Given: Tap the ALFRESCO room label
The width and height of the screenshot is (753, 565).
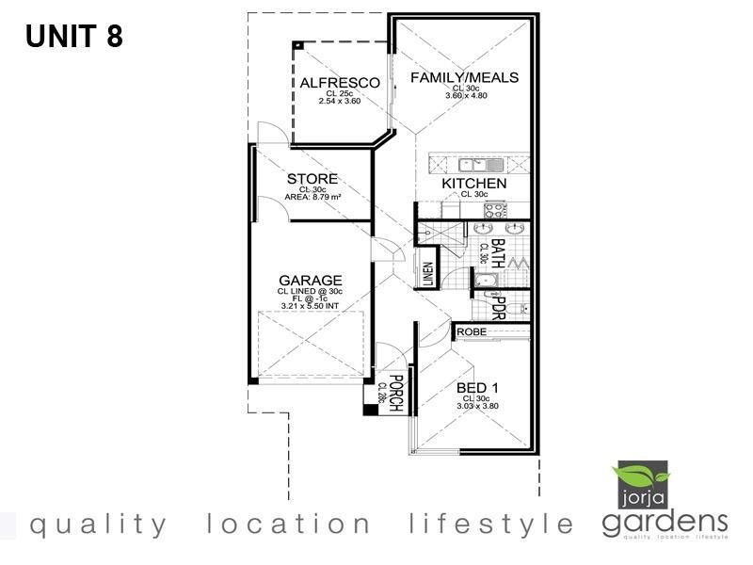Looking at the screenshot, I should coord(340,83).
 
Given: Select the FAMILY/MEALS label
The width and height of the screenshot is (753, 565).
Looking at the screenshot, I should coord(465,77).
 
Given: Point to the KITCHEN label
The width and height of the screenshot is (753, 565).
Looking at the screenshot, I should coord(474,184).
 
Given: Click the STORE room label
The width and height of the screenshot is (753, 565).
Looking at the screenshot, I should coord(312,179).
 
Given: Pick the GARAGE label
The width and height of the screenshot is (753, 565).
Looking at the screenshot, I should coord(310,281).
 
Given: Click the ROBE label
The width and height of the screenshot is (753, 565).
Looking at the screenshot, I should coord(472,332).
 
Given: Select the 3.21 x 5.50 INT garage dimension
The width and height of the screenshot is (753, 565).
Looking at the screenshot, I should coord(310,306).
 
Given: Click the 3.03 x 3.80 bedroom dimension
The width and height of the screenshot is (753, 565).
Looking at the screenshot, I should coord(477,406).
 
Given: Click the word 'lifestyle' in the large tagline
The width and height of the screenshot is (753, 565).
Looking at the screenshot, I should coord(492,524).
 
